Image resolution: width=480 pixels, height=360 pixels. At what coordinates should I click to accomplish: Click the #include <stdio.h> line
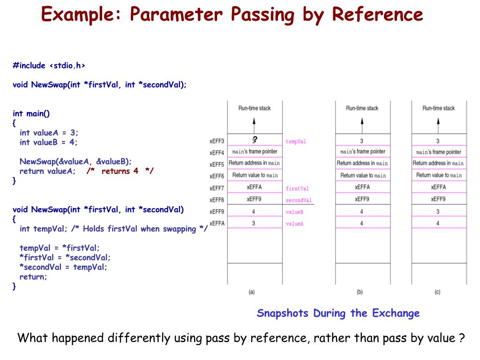(49, 66)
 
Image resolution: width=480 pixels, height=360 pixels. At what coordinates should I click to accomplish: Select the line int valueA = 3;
(49, 133)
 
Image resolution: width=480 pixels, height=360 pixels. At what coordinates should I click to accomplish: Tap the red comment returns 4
(120, 171)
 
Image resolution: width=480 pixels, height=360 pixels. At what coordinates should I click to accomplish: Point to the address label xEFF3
(217, 141)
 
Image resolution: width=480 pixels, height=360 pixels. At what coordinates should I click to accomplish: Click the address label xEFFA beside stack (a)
(217, 224)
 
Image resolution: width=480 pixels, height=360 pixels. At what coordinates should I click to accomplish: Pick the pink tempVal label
(295, 141)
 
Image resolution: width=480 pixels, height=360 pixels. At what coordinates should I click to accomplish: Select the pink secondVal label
(299, 200)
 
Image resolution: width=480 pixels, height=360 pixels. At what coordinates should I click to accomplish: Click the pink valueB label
(294, 212)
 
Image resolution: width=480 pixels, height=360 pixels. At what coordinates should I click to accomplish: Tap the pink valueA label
(294, 224)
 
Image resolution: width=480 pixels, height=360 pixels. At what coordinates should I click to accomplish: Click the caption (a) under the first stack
(251, 292)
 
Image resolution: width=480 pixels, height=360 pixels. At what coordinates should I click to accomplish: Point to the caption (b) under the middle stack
(360, 292)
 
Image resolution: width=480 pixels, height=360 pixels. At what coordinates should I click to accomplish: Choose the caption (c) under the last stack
(437, 292)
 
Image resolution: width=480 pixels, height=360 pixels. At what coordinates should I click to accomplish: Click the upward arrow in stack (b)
(361, 124)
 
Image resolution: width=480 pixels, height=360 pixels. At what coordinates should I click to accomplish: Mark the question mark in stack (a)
(255, 139)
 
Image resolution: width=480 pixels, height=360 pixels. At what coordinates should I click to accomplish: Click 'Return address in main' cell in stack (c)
(438, 163)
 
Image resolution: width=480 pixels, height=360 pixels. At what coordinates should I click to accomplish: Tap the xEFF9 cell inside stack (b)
(361, 199)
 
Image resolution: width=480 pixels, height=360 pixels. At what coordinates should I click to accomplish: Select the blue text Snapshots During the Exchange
(338, 313)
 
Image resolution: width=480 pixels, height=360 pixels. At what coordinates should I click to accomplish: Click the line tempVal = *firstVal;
(60, 247)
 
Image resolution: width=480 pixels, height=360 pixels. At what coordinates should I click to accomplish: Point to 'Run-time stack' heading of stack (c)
(438, 108)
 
